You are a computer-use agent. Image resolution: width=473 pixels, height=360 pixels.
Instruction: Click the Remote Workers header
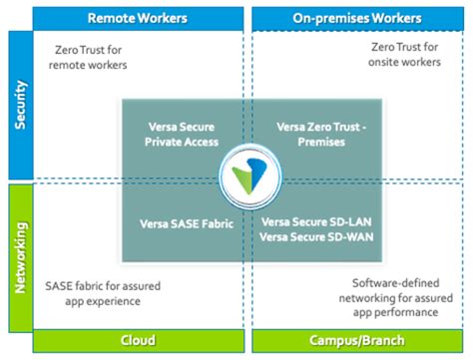133,18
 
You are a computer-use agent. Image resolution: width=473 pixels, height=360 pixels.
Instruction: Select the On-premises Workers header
356,18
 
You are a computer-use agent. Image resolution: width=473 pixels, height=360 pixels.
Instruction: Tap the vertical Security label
18,104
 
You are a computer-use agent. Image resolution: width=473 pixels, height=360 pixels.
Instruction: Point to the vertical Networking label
18,256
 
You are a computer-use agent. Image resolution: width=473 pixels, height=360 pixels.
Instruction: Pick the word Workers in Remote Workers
158,18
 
